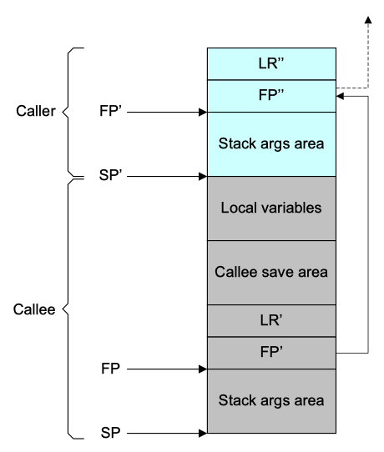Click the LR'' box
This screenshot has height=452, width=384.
tap(272, 63)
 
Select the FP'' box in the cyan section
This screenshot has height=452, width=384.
tap(272, 95)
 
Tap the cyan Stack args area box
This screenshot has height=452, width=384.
tap(272, 143)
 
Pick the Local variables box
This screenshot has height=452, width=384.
tap(272, 208)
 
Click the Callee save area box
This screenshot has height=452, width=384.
tap(272, 272)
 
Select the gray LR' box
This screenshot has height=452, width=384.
tap(272, 320)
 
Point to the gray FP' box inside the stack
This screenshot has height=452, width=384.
tap(272, 352)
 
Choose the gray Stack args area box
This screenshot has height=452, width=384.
tap(272, 400)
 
